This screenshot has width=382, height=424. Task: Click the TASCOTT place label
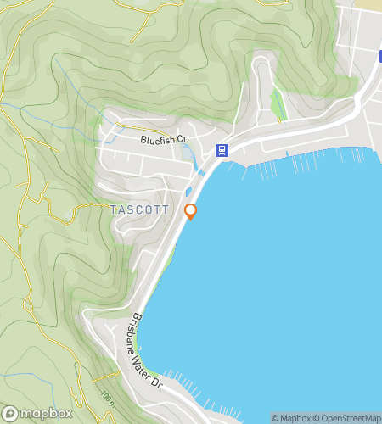click(x=140, y=209)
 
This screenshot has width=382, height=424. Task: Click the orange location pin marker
click(x=191, y=212)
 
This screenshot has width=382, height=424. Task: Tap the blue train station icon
click(x=222, y=150)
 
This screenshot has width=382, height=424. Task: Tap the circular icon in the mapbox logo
click(x=10, y=413)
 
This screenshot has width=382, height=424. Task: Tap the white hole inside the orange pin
click(x=191, y=209)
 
